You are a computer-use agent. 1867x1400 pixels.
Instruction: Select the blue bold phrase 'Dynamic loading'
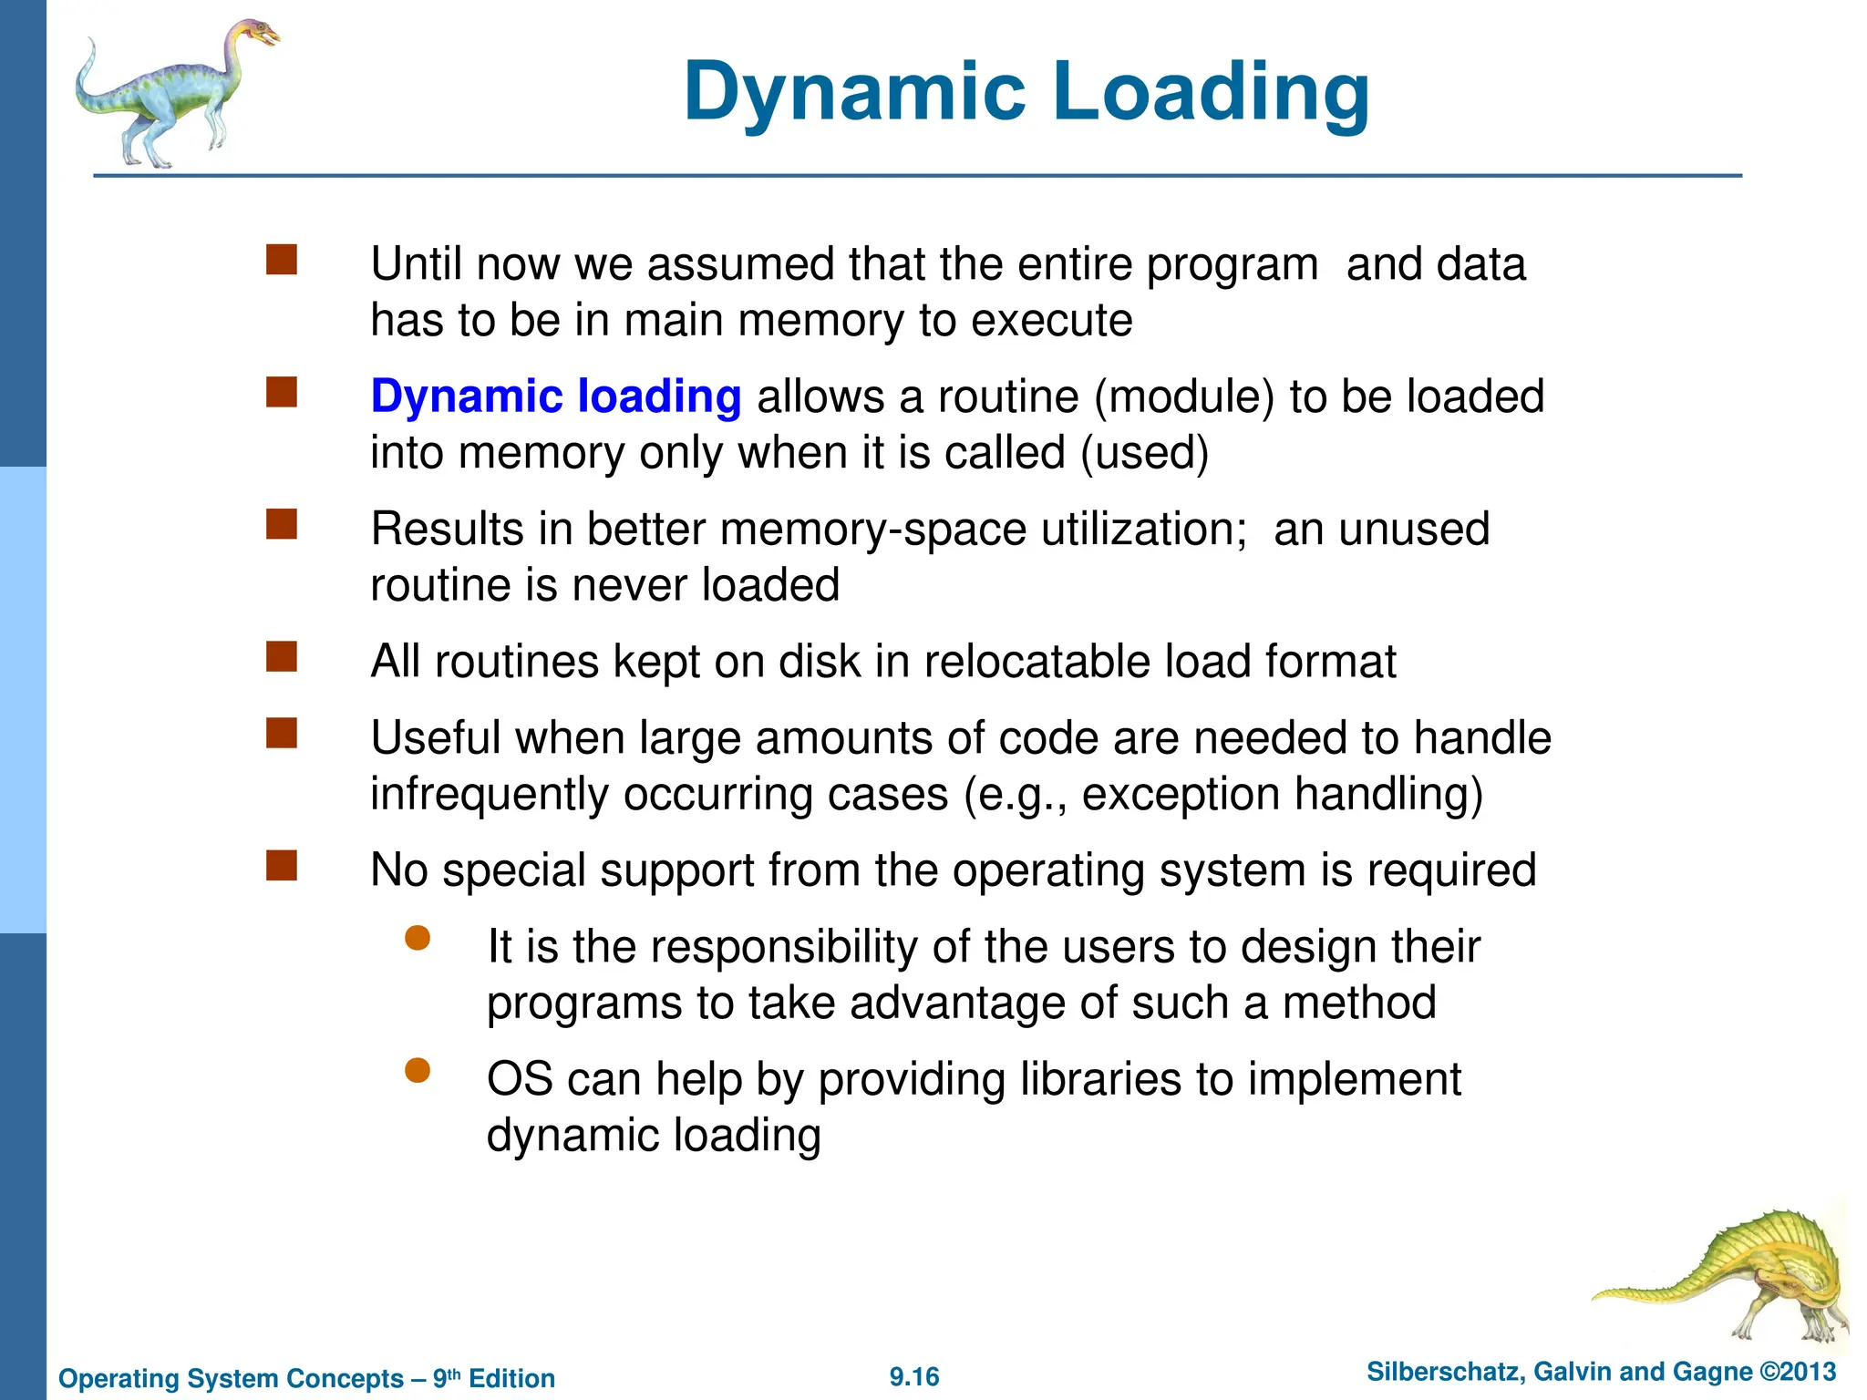tap(556, 397)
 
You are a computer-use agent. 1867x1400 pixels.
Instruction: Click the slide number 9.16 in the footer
tap(914, 1376)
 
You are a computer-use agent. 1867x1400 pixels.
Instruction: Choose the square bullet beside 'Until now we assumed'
tap(282, 260)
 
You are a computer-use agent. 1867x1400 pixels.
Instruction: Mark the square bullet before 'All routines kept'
tap(282, 657)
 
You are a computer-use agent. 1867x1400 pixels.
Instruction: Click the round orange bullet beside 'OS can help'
tap(418, 1070)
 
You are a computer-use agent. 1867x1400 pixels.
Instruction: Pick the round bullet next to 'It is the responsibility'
tap(418, 938)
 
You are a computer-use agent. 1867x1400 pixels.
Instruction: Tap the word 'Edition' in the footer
tap(511, 1378)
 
